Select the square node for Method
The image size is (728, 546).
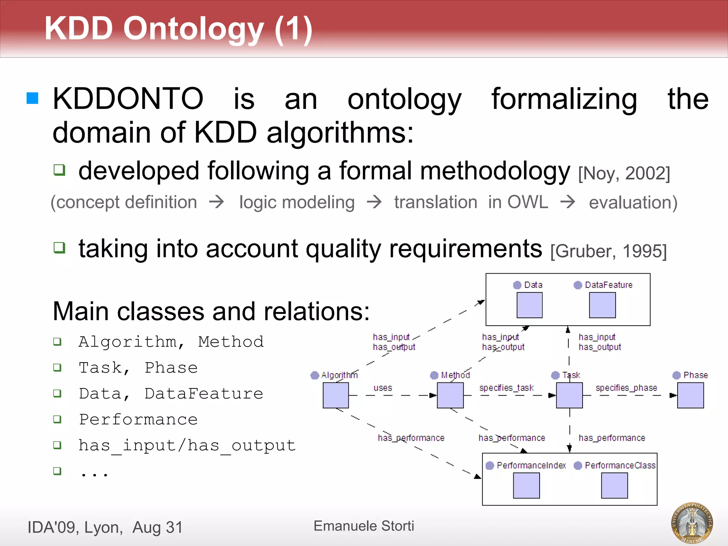pos(450,395)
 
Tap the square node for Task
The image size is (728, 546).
pos(569,395)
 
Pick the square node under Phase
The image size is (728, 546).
pos(690,395)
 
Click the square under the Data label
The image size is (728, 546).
pos(529,305)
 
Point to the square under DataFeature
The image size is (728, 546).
pos(602,305)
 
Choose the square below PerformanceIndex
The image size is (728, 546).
pos(526,486)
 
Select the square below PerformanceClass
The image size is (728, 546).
pos(614,486)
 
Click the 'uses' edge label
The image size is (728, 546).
pos(382,388)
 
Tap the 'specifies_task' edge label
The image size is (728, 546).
pos(506,388)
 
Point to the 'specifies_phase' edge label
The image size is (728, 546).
pos(626,388)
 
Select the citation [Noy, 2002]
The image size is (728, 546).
pos(624,173)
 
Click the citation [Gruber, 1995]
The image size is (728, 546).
pos(608,251)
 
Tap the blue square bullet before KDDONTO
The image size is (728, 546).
pos(32,98)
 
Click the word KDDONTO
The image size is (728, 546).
pos(128,98)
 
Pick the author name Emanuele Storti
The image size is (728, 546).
pos(364,526)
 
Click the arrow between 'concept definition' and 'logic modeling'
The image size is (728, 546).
pos(216,202)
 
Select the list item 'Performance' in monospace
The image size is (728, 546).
pos(138,419)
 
